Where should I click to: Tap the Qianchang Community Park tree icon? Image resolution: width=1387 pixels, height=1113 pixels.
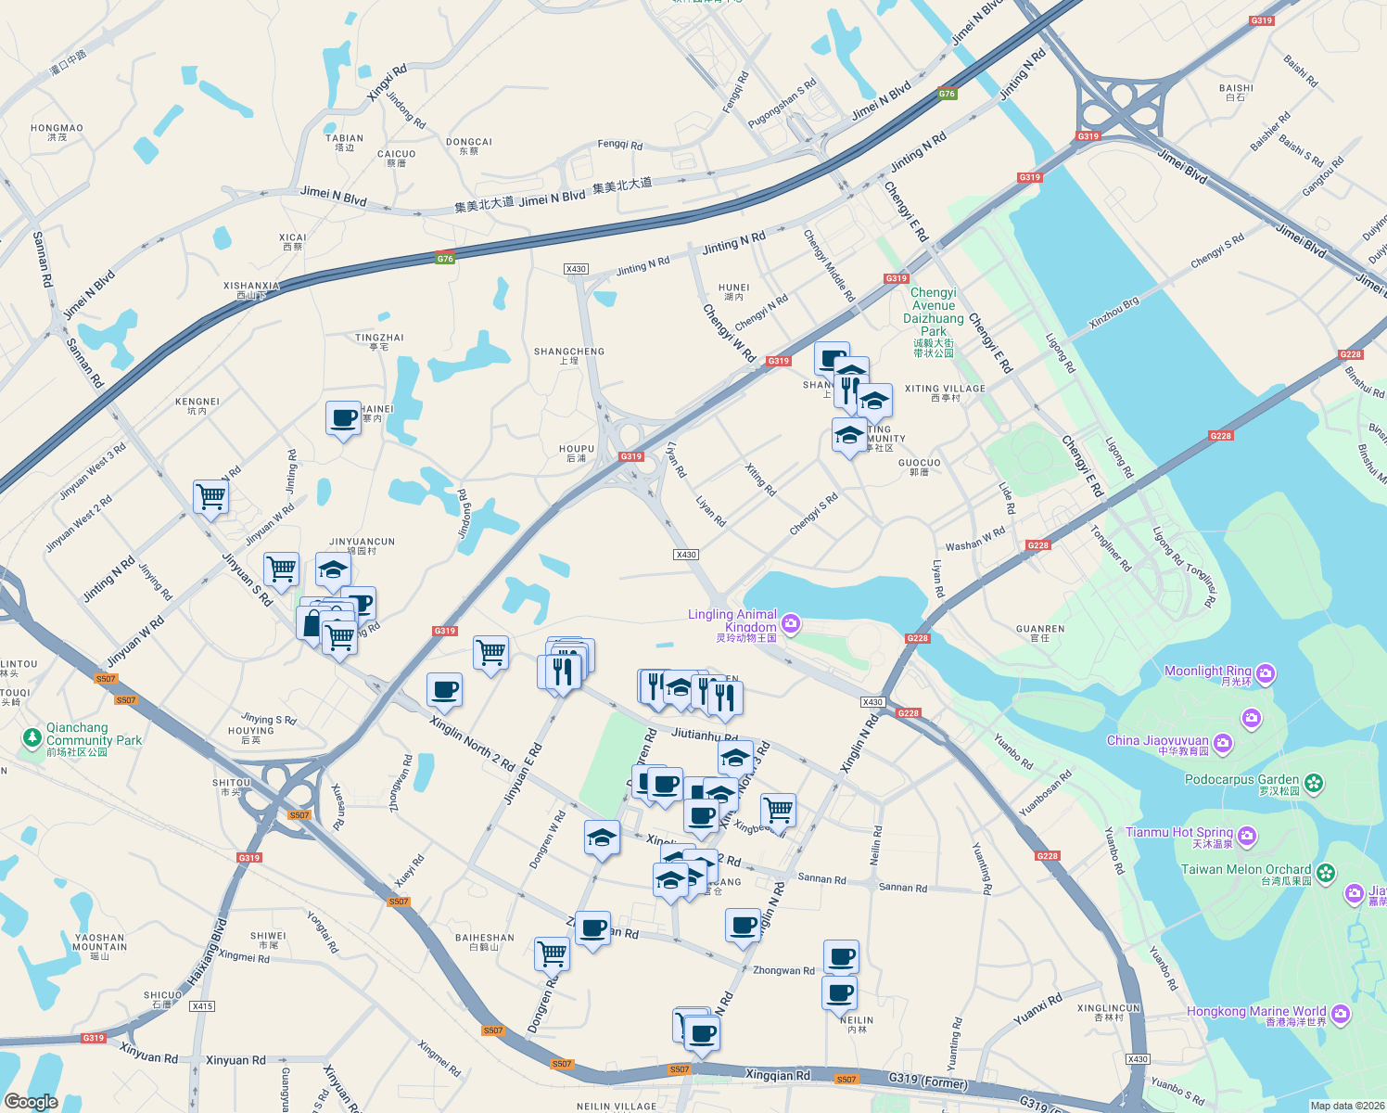pyautogui.click(x=32, y=737)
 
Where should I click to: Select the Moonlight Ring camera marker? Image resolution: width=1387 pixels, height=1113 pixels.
pyautogui.click(x=1266, y=673)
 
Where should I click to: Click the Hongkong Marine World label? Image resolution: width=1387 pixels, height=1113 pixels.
pyautogui.click(x=1256, y=1012)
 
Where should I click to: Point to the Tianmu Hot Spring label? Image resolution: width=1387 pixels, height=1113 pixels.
pyautogui.click(x=1179, y=833)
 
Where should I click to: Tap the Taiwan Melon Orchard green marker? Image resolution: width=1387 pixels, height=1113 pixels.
pyautogui.click(x=1326, y=872)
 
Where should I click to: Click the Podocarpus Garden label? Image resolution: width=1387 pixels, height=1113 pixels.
pyautogui.click(x=1241, y=780)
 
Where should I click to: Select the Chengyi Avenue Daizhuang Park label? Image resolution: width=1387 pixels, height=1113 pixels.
pyautogui.click(x=934, y=312)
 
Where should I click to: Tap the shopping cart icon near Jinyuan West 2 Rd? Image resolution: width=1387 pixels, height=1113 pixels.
pyautogui.click(x=210, y=496)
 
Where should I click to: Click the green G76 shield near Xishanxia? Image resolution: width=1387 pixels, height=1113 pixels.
pyautogui.click(x=445, y=259)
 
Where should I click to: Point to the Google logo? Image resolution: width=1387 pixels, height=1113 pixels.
pyautogui.click(x=31, y=1102)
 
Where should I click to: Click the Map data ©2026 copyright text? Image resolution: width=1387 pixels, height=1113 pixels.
pyautogui.click(x=1347, y=1106)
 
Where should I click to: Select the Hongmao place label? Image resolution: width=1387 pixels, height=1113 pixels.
pyautogui.click(x=57, y=129)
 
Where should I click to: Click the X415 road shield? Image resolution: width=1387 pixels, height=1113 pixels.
pyautogui.click(x=201, y=1006)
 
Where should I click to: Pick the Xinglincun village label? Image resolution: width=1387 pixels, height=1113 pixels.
pyautogui.click(x=1109, y=1008)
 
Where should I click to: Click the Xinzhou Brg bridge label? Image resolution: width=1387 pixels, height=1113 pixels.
pyautogui.click(x=1113, y=313)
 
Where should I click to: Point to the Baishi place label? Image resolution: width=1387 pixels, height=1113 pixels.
pyautogui.click(x=1236, y=89)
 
